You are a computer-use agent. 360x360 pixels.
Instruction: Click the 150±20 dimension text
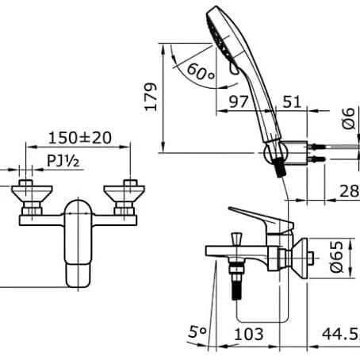pyautogui.click(x=80, y=138)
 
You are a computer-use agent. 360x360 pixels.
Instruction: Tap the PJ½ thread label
pyautogui.click(x=63, y=161)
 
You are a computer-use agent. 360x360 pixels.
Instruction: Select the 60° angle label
pyautogui.click(x=201, y=72)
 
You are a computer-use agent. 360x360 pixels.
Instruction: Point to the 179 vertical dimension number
pyautogui.click(x=151, y=97)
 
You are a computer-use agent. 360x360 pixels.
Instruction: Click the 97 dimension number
pyautogui.click(x=239, y=101)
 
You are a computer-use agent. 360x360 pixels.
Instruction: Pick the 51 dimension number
pyautogui.click(x=292, y=101)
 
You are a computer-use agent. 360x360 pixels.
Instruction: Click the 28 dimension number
pyautogui.click(x=349, y=191)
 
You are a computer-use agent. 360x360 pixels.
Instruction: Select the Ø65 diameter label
pyautogui.click(x=337, y=257)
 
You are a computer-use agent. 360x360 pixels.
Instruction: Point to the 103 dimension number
pyautogui.click(x=249, y=334)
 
